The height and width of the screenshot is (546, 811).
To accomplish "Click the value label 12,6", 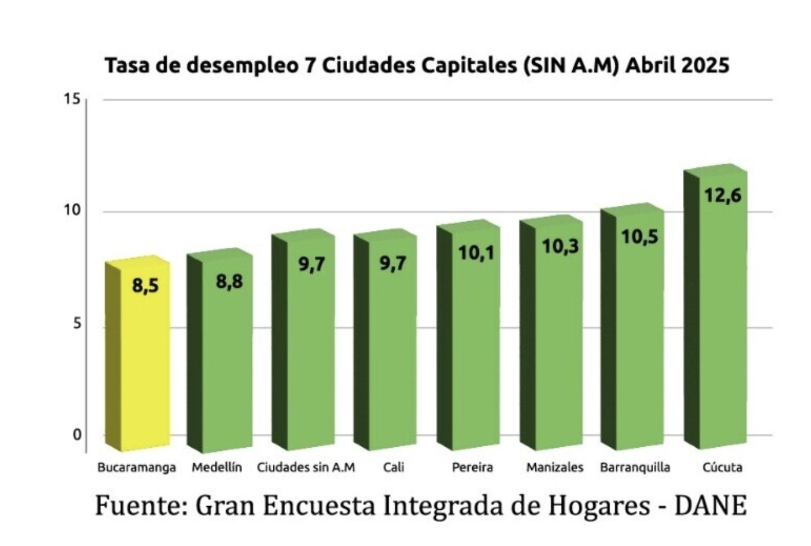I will pyautogui.click(x=723, y=195).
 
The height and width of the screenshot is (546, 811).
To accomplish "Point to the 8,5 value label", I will pyautogui.click(x=146, y=286).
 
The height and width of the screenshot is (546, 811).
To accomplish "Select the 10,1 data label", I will pyautogui.click(x=476, y=253).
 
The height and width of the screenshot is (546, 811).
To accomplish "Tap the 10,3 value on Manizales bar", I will pyautogui.click(x=560, y=246).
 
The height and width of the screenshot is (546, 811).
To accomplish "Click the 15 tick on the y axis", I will pyautogui.click(x=72, y=99).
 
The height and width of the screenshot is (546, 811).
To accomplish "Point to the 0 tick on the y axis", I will pyautogui.click(x=77, y=435).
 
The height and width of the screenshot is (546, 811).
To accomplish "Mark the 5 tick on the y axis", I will pyautogui.click(x=77, y=324).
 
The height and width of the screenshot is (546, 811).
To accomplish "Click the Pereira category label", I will pyautogui.click(x=472, y=467).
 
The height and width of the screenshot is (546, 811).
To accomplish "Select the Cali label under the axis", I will pyautogui.click(x=394, y=467).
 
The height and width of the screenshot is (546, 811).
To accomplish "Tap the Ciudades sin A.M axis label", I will pyautogui.click(x=306, y=467).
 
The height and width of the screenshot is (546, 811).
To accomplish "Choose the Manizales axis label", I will pyautogui.click(x=554, y=467).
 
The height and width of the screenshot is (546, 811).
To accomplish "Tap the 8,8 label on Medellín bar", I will pyautogui.click(x=229, y=281).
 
